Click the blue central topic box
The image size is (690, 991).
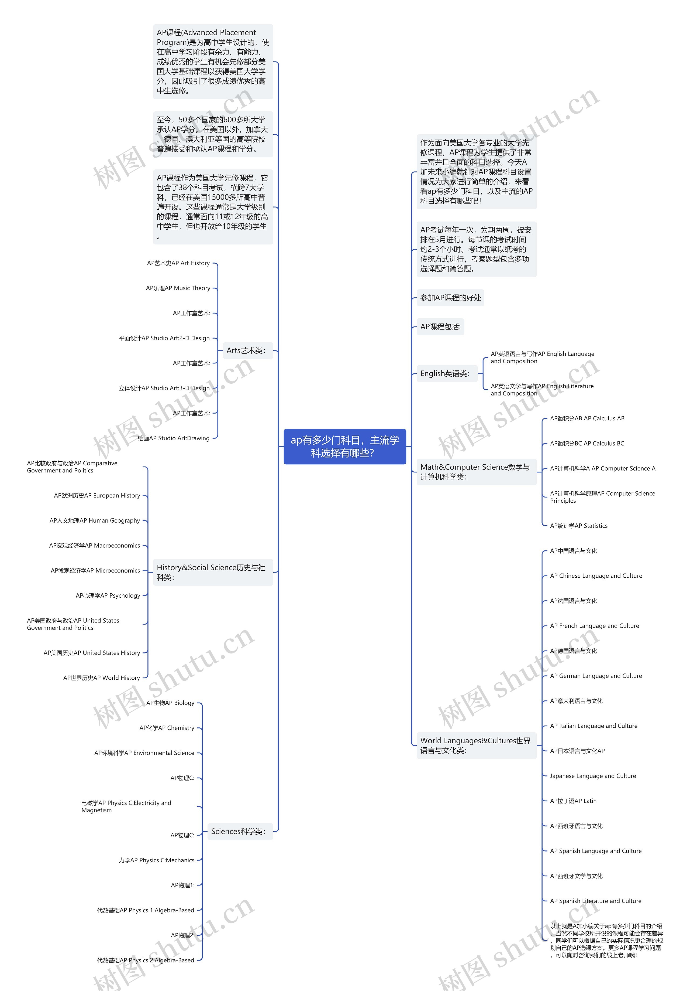click(x=344, y=446)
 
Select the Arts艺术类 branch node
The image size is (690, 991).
click(x=246, y=350)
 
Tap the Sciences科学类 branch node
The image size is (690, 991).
click(x=239, y=831)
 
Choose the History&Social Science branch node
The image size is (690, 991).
click(x=212, y=572)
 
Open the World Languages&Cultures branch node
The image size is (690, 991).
click(x=476, y=745)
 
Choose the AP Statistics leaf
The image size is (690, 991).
click(x=579, y=526)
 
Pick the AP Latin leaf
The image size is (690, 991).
click(x=573, y=801)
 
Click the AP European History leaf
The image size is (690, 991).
click(x=97, y=495)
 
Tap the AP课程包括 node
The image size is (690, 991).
click(x=440, y=327)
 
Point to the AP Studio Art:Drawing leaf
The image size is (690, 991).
click(x=174, y=438)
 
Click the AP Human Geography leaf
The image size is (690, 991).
click(x=95, y=520)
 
